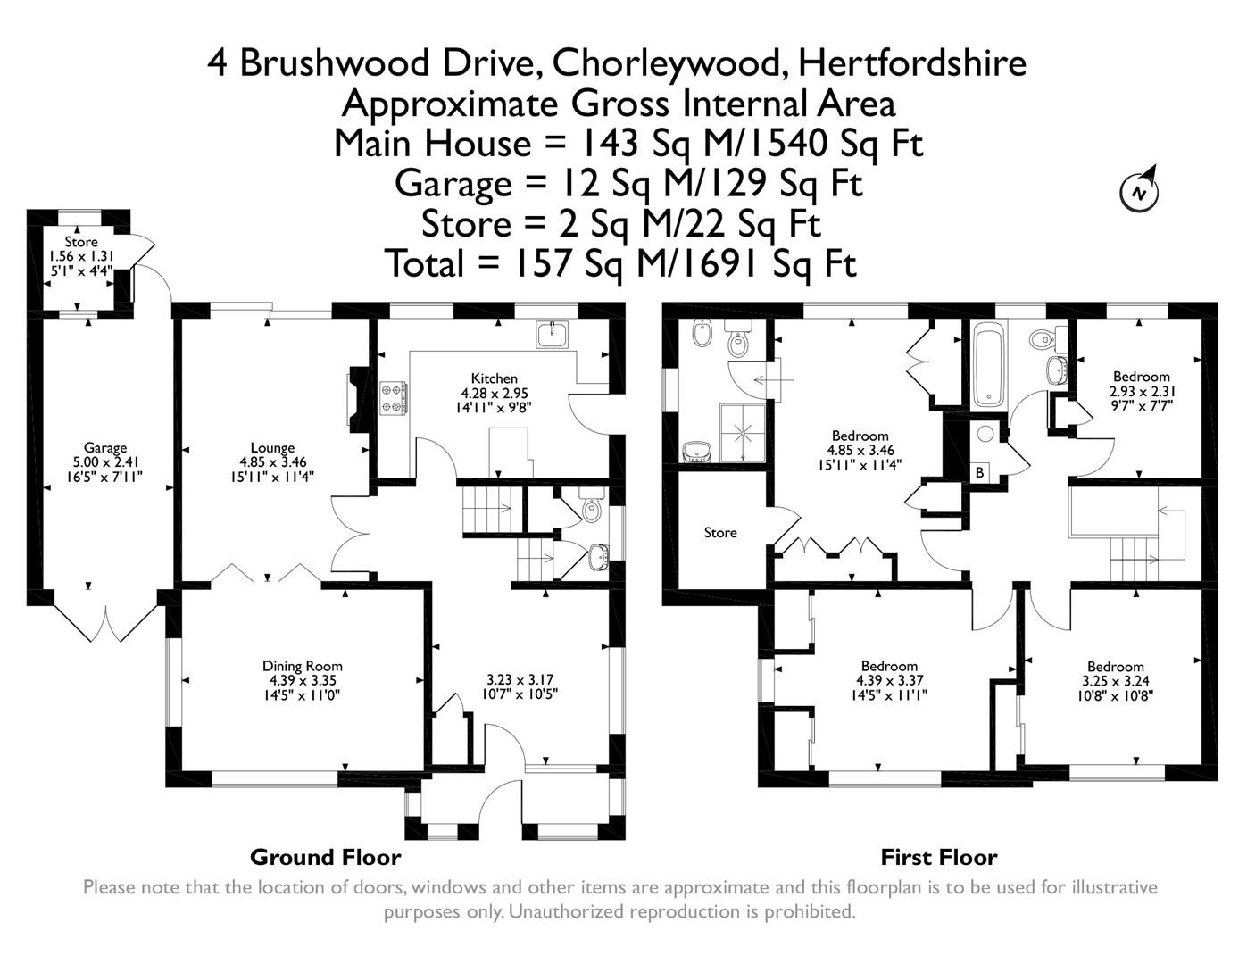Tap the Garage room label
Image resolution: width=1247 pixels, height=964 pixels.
point(105,448)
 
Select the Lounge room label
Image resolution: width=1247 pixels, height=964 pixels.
point(272,448)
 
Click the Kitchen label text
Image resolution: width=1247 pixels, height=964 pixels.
point(494,378)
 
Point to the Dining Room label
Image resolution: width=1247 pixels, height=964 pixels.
point(302,666)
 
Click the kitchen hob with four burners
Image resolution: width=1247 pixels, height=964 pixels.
point(394,398)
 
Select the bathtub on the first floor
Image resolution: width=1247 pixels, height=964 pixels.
point(990,365)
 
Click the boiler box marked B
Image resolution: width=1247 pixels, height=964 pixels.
point(979,472)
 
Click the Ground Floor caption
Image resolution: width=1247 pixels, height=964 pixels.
point(325,858)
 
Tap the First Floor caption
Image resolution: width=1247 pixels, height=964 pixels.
point(938,858)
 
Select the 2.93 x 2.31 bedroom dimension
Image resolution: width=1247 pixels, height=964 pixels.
point(1141,391)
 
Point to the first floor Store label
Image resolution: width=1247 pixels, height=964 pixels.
point(720,533)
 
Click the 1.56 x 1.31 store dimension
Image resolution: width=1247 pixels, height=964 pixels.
point(80,256)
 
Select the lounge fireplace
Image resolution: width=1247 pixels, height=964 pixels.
point(354,397)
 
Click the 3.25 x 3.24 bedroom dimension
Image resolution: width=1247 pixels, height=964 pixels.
point(1115,681)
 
